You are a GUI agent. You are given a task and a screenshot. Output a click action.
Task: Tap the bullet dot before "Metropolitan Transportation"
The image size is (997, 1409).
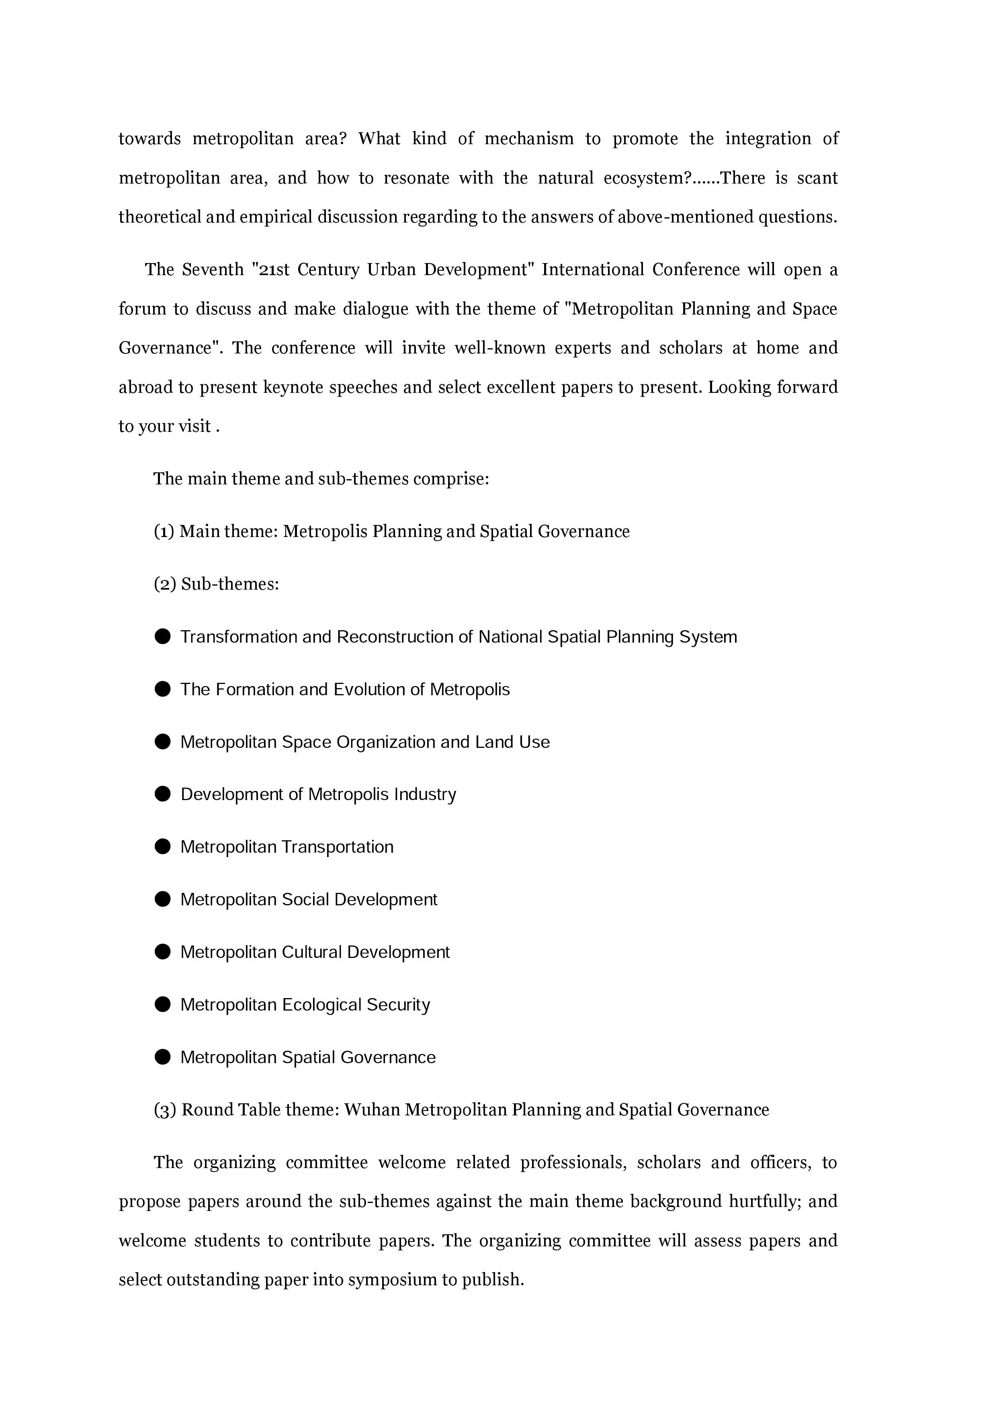pyautogui.click(x=163, y=847)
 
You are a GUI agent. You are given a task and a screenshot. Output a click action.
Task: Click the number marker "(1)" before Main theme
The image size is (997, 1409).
pyautogui.click(x=164, y=531)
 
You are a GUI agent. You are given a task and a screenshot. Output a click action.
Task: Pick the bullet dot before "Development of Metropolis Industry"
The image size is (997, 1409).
pyautogui.click(x=163, y=794)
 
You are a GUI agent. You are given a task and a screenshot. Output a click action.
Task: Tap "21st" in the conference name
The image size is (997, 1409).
pyautogui.click(x=274, y=270)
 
